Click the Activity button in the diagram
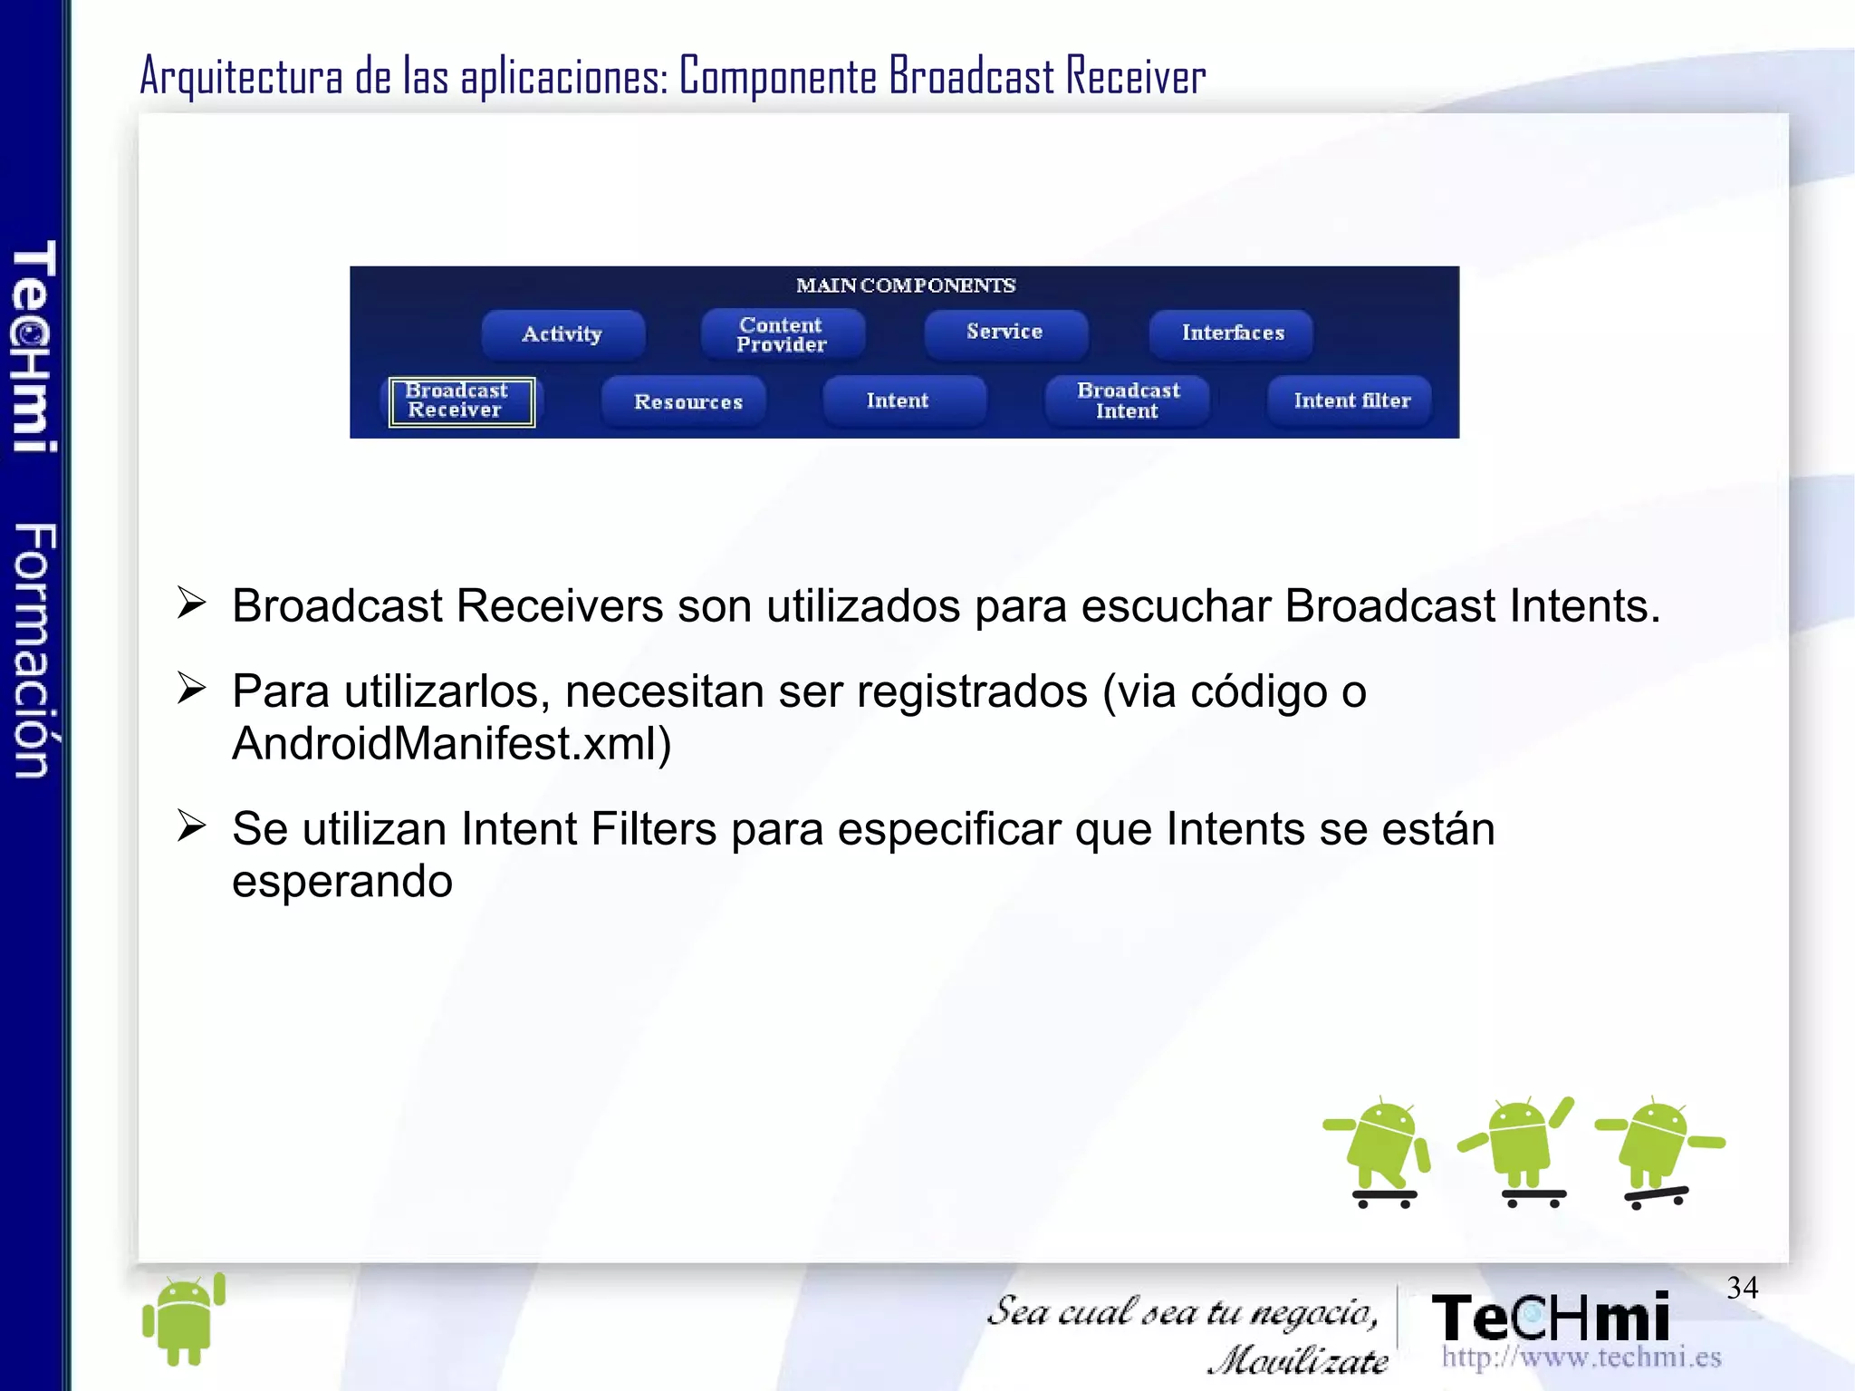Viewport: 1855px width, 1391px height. pos(562,334)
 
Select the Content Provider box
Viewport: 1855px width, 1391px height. pos(782,334)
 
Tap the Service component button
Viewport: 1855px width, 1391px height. pos(1004,333)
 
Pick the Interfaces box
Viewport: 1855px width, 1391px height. pos(1232,333)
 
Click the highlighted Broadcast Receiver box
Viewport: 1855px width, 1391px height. pos(461,401)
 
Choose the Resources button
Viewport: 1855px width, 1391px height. pos(687,401)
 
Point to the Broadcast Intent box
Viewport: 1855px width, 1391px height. pos(1128,401)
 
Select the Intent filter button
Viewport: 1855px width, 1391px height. pos(1350,401)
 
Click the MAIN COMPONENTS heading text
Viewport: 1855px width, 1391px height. pos(905,285)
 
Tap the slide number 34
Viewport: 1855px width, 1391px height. pos(1742,1288)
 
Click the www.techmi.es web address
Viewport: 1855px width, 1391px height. pos(1581,1357)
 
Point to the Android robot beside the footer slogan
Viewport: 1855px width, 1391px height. pos(184,1319)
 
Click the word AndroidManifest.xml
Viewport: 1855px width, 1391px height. pos(451,744)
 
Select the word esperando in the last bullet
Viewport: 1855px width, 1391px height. pos(342,882)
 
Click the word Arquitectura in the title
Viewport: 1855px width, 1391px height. pos(242,76)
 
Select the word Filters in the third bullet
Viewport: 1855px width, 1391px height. pos(653,829)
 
